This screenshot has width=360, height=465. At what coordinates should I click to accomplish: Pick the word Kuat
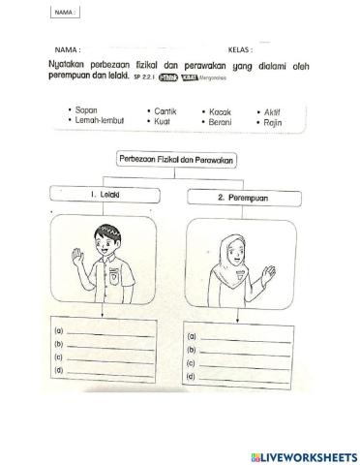(x=162, y=124)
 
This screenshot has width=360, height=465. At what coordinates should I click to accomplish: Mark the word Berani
(x=220, y=124)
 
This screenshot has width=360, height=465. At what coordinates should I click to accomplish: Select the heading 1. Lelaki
(x=100, y=196)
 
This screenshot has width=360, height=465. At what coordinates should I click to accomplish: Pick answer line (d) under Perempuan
(x=244, y=375)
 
